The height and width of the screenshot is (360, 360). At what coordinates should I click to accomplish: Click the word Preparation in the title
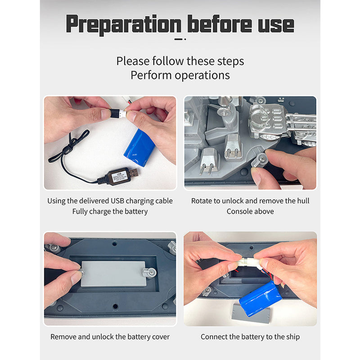click(x=124, y=25)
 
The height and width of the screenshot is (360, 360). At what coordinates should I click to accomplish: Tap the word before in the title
click(x=220, y=24)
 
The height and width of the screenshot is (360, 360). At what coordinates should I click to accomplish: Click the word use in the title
click(x=276, y=26)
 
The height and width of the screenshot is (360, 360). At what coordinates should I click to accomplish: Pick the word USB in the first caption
click(x=117, y=201)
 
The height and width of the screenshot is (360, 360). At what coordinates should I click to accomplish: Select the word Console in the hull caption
click(x=238, y=211)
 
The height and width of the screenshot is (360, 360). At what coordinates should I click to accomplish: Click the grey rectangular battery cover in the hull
click(x=113, y=274)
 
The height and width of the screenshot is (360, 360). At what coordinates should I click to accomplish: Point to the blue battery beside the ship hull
click(x=261, y=299)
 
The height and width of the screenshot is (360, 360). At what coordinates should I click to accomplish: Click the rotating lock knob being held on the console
click(x=260, y=160)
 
